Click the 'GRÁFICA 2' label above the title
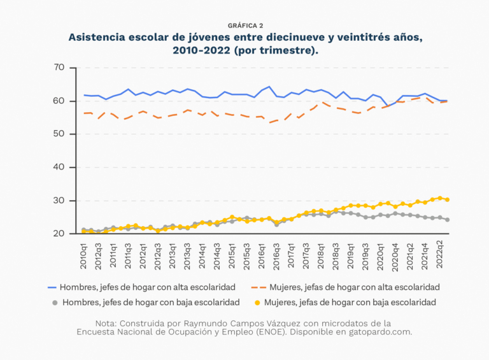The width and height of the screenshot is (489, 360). pyautogui.click(x=245, y=25)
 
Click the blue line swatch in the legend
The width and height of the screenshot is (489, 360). pyautogui.click(x=52, y=287)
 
